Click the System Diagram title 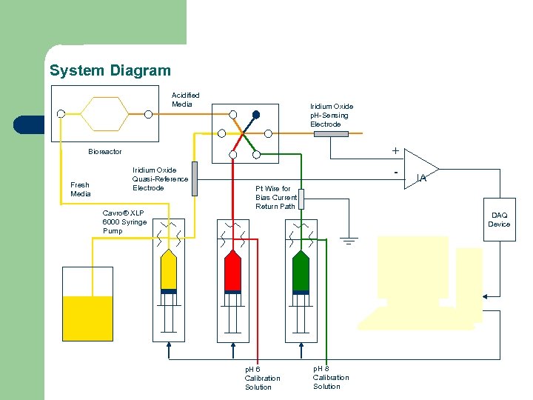(x=110, y=71)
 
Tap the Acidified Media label (x=185, y=100)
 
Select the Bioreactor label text (x=105, y=152)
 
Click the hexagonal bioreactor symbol (x=104, y=114)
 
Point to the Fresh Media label (x=80, y=190)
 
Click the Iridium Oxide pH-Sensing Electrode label (x=331, y=116)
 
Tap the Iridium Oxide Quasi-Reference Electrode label (x=160, y=179)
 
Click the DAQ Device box (x=498, y=220)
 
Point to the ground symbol (x=349, y=240)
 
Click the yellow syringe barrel (x=169, y=270)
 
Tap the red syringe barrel (x=233, y=271)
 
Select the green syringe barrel (x=301, y=271)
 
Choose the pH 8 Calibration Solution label (x=331, y=377)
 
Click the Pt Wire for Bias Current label (x=276, y=198)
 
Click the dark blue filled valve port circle (x=256, y=115)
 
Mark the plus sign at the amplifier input (x=395, y=151)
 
